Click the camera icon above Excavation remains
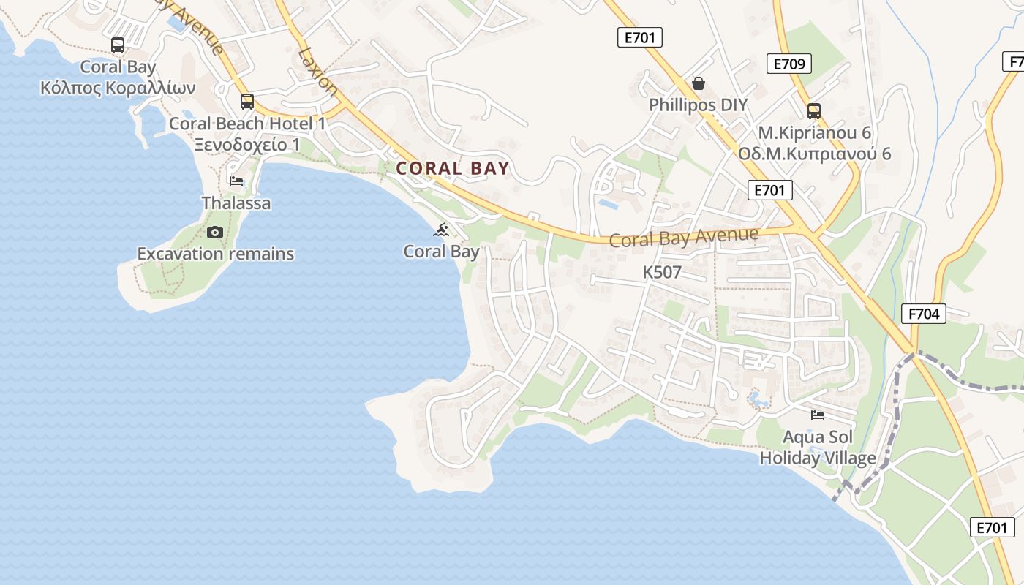(214, 233)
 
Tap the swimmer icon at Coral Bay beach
(441, 230)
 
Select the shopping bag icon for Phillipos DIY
(699, 83)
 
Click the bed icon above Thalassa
(236, 181)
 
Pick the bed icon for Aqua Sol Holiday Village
(818, 415)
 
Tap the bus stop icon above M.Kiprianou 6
(813, 111)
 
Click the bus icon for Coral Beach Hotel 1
(247, 102)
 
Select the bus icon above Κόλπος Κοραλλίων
(118, 45)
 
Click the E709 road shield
(789, 64)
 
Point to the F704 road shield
(924, 314)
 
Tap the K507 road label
(662, 273)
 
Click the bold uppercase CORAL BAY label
(452, 168)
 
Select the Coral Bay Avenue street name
(683, 237)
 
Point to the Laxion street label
(318, 72)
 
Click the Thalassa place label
(236, 203)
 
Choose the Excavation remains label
(216, 254)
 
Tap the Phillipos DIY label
(699, 105)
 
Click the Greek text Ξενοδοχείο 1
(247, 144)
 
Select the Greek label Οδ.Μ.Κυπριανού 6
(814, 154)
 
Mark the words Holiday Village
(818, 458)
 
